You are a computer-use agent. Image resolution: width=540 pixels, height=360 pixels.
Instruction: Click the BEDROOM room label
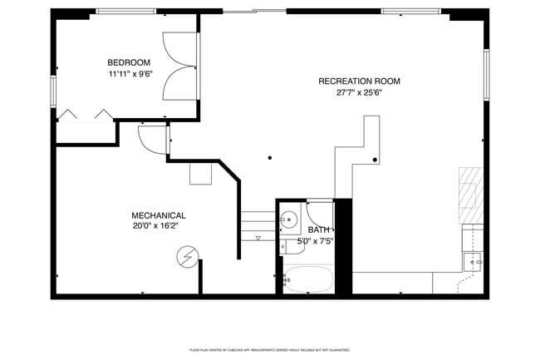tap(129, 62)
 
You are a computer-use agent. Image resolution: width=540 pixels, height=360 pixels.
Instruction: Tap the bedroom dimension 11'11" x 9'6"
tap(130, 73)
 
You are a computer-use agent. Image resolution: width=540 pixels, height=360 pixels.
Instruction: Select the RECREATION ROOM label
tap(359, 81)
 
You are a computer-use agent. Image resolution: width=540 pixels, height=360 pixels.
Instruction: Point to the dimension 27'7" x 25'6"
tap(359, 92)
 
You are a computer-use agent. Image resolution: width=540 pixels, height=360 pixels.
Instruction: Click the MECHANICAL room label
tap(158, 215)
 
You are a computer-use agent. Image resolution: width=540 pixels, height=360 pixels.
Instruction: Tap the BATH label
tap(318, 230)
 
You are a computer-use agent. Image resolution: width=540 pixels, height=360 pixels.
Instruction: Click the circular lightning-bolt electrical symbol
tap(189, 258)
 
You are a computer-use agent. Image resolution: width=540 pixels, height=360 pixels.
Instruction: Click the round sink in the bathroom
tap(287, 220)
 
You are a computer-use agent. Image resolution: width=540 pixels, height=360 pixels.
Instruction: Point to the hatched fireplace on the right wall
tap(470, 195)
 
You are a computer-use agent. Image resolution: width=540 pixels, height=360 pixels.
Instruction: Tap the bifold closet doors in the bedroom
tap(85, 115)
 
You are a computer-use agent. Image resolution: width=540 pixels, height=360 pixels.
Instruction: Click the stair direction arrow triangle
tap(258, 239)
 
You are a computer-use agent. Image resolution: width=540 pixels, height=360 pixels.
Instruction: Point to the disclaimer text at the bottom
tap(270, 350)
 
